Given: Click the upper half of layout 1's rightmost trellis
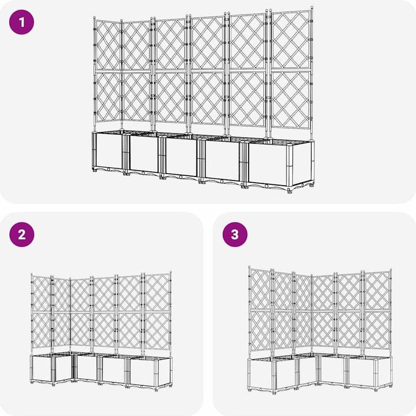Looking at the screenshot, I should point(291,41).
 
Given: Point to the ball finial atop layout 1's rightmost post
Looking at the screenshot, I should point(311,9).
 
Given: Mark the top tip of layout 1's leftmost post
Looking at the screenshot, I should point(95,19).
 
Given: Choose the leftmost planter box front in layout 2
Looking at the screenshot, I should point(42,369).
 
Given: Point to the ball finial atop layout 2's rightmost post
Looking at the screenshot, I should point(170,273).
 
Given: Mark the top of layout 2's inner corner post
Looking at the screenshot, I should point(70,278).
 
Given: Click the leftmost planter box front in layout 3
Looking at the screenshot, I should point(269,373).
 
